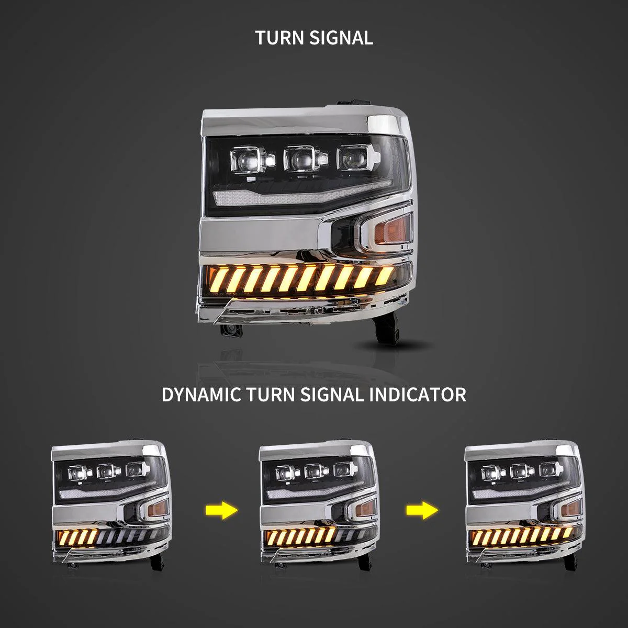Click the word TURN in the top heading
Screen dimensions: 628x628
(279, 38)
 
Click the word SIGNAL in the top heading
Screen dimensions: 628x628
(341, 38)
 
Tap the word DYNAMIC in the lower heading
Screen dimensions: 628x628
(201, 395)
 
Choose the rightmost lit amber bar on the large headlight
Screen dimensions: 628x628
(385, 274)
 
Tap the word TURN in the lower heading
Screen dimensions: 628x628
(271, 395)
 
